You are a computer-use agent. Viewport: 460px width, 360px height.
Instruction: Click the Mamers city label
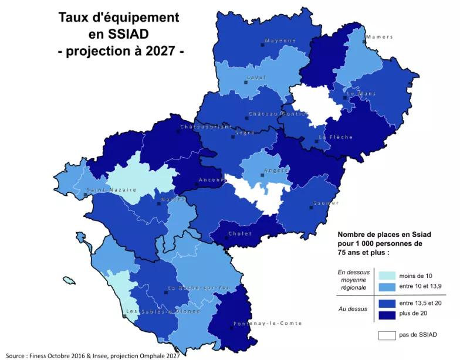click(x=379, y=37)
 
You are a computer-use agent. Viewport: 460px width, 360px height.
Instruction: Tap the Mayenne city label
click(x=280, y=40)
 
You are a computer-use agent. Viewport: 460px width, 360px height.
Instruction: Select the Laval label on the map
click(x=256, y=77)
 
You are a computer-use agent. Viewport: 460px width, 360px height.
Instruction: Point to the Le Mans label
click(x=361, y=93)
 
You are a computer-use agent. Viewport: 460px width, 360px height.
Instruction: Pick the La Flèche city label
click(x=336, y=137)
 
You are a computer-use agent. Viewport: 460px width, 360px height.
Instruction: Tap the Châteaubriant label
click(x=206, y=127)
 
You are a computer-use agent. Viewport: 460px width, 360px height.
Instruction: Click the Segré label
click(x=245, y=133)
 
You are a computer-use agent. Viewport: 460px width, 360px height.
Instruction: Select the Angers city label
click(x=276, y=171)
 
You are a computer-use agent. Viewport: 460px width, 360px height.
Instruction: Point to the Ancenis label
click(x=212, y=180)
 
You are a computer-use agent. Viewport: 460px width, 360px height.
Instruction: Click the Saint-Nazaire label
click(x=111, y=190)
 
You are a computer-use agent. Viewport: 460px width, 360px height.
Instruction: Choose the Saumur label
click(x=326, y=203)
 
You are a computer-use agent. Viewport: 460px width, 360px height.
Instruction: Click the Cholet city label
click(x=240, y=233)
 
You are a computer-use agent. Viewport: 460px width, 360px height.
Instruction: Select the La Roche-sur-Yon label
click(x=199, y=288)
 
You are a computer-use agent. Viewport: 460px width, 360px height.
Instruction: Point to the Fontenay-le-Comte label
click(x=268, y=324)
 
